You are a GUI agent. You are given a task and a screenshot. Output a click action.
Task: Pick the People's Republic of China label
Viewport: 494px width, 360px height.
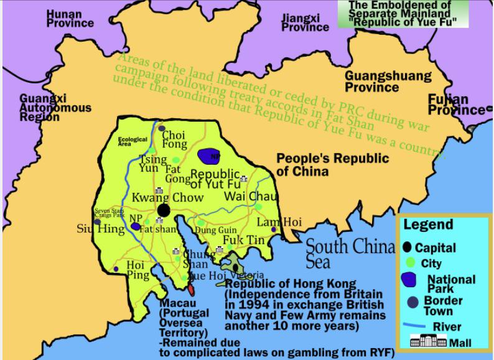332,164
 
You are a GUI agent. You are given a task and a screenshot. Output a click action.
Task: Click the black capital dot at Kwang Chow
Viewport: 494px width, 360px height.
163,210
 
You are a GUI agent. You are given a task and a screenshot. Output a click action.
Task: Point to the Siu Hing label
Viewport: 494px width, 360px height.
92,228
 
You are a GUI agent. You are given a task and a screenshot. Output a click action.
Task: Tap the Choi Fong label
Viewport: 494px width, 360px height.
174,139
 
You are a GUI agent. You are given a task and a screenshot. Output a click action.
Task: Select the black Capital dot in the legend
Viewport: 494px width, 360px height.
408,247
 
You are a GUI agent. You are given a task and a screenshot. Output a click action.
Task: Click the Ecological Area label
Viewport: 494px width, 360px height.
133,141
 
